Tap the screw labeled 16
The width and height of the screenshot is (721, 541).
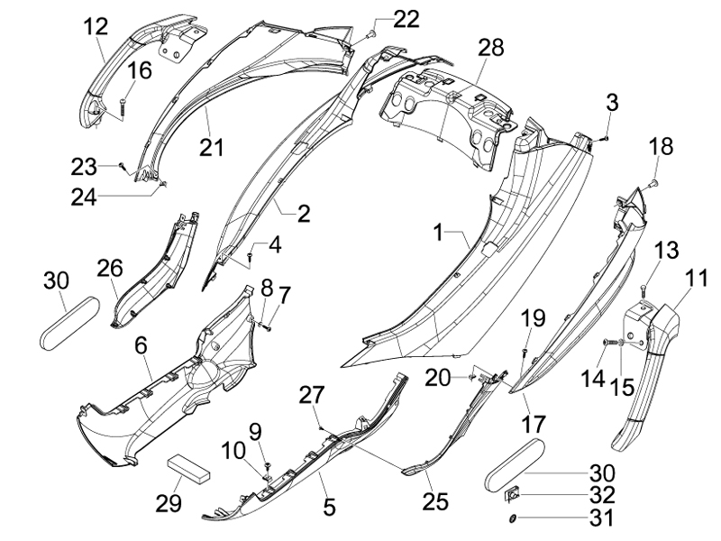[x=123, y=107]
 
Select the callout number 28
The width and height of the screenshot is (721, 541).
[x=491, y=48]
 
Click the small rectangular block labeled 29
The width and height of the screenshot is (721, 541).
[x=188, y=467]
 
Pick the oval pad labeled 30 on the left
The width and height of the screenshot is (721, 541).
[x=70, y=323]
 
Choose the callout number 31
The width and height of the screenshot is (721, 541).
[x=602, y=518]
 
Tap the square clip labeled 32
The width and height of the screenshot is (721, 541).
[x=511, y=495]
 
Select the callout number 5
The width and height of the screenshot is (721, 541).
[x=329, y=507]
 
